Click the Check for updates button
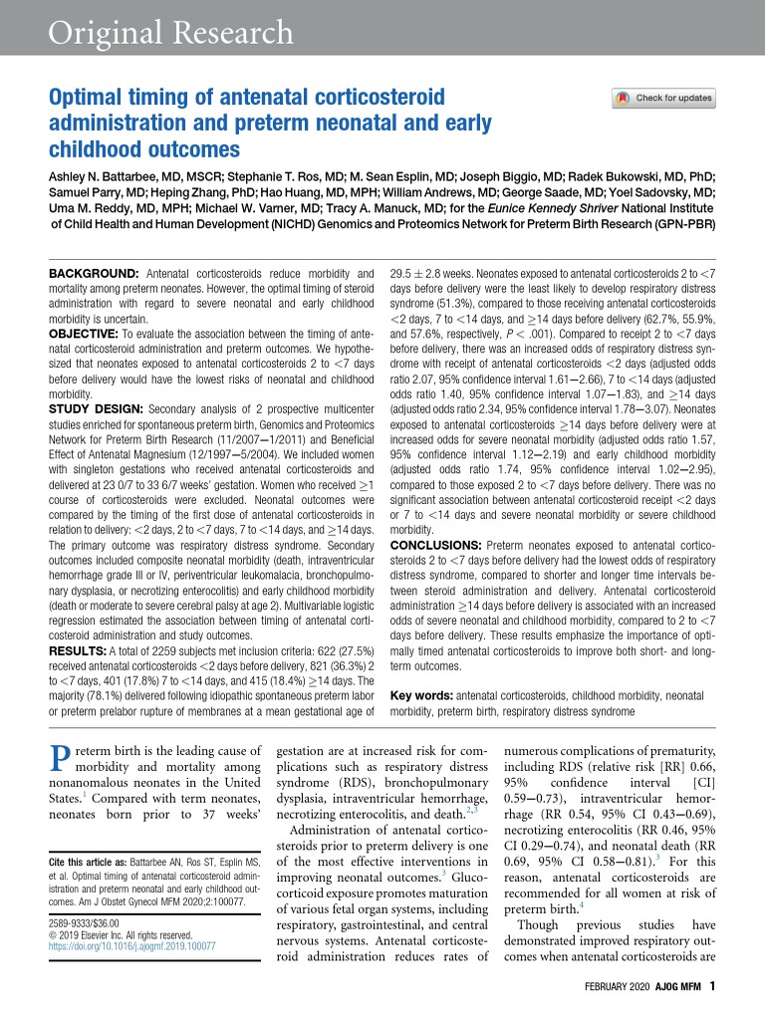pyautogui.click(x=664, y=99)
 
